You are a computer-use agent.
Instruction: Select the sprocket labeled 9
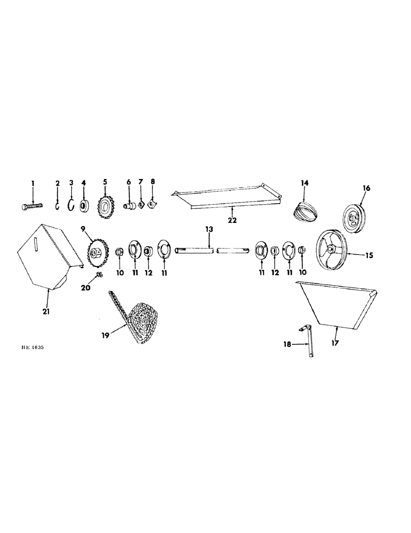click(x=95, y=252)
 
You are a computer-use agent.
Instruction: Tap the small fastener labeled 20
click(x=99, y=275)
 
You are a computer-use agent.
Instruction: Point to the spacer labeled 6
click(x=129, y=205)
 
